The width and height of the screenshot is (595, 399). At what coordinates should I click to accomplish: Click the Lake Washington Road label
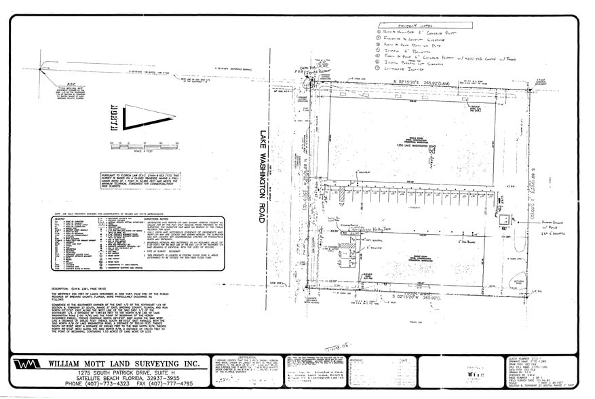263,176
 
